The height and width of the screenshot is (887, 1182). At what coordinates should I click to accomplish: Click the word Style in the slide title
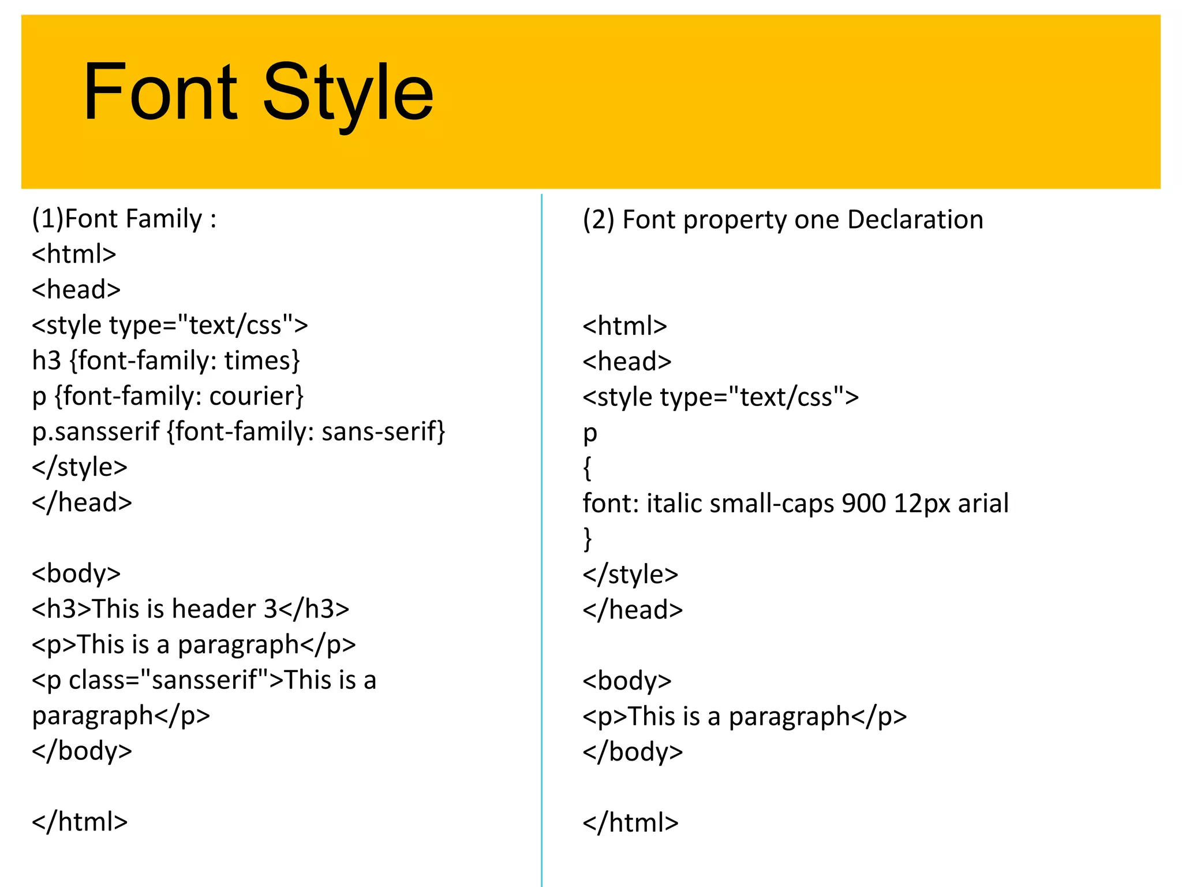coord(347,92)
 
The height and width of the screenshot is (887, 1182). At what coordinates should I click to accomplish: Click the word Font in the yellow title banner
coord(160,92)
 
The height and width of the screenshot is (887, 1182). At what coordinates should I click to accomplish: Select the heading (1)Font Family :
coord(124,219)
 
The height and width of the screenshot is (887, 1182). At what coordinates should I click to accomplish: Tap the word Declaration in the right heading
coord(915,220)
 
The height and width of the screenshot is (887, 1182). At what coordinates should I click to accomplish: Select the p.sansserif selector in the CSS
coord(96,432)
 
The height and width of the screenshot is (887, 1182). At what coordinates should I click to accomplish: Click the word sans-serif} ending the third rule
coord(384,432)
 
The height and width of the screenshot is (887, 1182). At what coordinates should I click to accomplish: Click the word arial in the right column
coord(983,504)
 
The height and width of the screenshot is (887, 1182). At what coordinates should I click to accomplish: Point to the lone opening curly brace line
coord(587,468)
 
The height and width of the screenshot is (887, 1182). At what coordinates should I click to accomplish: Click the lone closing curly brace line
coord(587,539)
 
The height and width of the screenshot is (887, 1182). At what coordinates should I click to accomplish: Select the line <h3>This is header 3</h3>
coord(190,609)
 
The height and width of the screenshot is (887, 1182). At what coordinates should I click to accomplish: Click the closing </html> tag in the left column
coord(80,822)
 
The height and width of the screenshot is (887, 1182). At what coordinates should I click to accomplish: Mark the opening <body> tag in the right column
coord(627,681)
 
